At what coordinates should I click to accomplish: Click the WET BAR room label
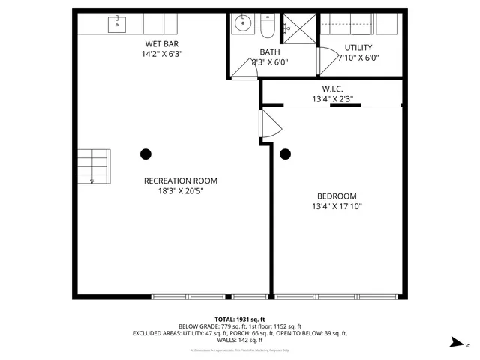click(x=162, y=44)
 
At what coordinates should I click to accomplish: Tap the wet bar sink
click(x=118, y=24)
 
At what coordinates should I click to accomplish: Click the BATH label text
click(x=269, y=52)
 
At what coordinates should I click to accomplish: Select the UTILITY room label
click(x=358, y=47)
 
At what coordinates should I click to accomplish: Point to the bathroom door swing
click(x=243, y=68)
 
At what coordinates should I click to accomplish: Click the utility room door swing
click(x=327, y=60)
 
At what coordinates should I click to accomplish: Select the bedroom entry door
click(x=268, y=122)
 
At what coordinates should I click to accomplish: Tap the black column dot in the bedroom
click(x=285, y=154)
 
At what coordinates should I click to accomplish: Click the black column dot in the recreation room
click(x=145, y=154)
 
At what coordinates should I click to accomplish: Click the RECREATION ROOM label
click(x=181, y=181)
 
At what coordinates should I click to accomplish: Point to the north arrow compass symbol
click(x=456, y=343)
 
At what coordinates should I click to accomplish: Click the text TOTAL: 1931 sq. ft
click(x=239, y=319)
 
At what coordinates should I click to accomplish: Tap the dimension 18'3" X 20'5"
click(x=181, y=191)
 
